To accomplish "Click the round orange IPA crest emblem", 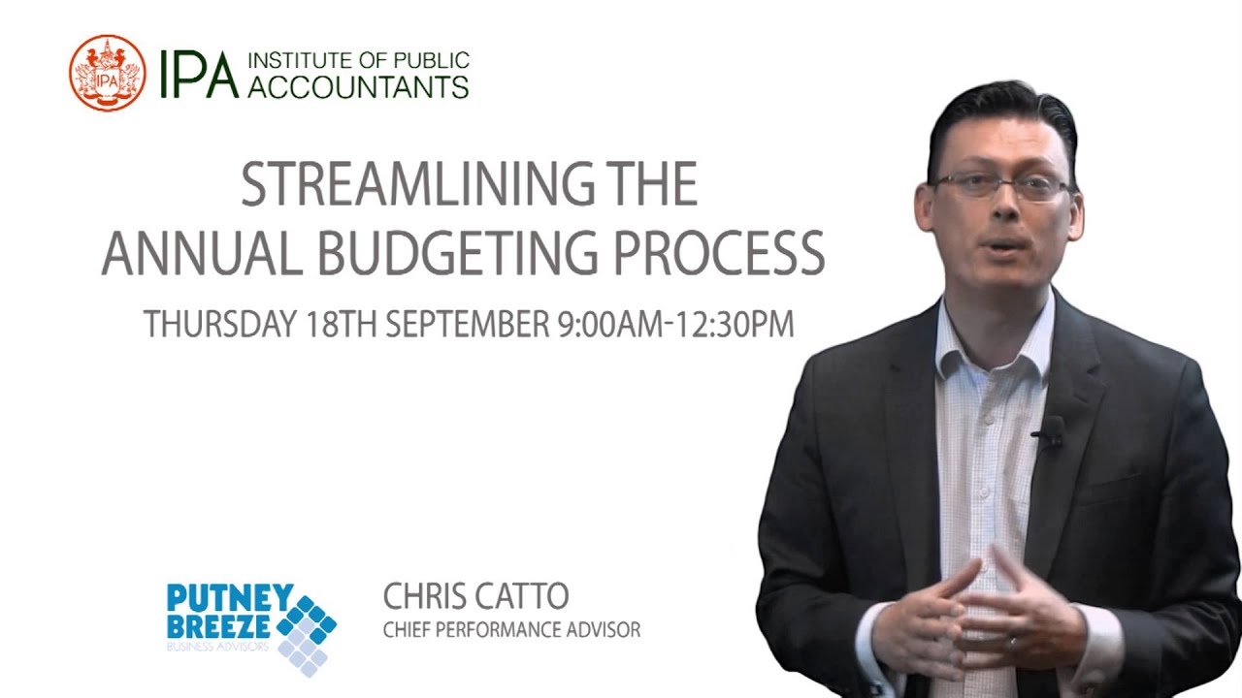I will pos(107,73).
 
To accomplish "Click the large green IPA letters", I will pos(199,75).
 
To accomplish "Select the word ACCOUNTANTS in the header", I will pos(358,87).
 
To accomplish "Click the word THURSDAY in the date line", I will pos(219,325).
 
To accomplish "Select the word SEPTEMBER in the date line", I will pos(468,325).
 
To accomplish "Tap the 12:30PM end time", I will pos(735,325).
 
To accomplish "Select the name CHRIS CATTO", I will pos(475,596).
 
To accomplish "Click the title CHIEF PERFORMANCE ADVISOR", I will pos(511,630).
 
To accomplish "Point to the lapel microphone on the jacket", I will pos(1052,432).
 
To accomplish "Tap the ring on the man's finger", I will pos(1011,642).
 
